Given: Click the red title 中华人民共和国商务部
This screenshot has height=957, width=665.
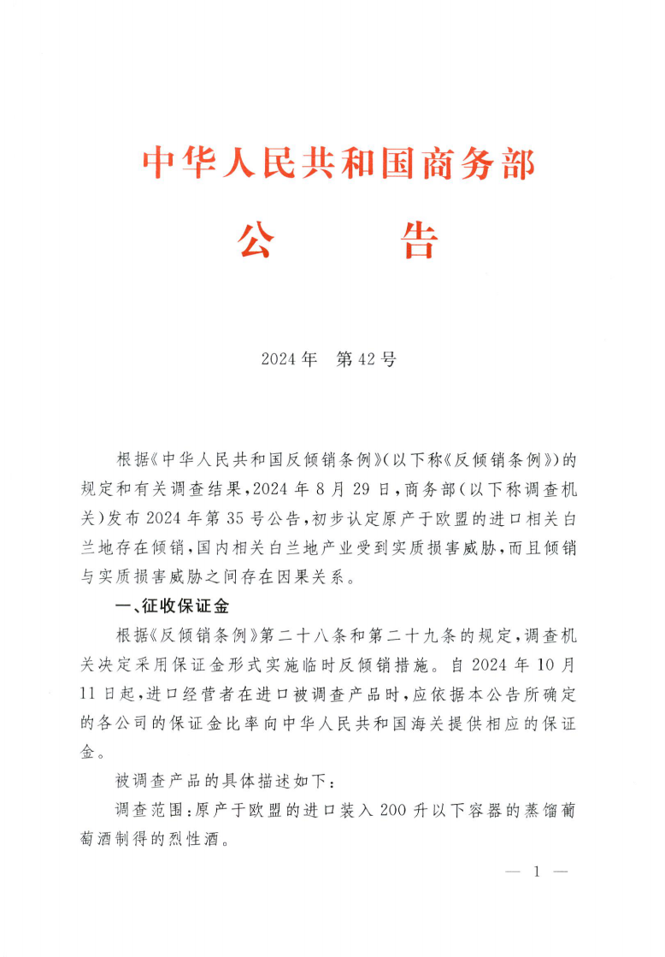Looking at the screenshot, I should coord(338,162).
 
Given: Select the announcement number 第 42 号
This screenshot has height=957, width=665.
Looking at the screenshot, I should coord(367,359).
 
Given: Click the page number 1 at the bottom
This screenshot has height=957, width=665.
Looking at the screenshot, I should coord(537,872).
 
